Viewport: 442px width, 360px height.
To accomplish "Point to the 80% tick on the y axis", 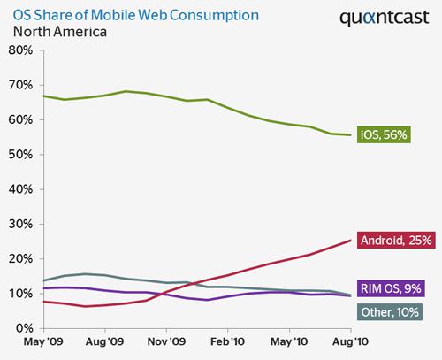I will click(20, 50).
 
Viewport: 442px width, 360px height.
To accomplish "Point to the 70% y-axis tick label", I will click(20, 85).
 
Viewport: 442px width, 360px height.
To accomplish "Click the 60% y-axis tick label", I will click(20, 119).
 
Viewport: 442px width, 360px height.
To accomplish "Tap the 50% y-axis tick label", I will click(20, 155).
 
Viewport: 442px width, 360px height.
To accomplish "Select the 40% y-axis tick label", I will click(20, 189).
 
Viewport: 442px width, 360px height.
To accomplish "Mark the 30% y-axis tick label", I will click(20, 224).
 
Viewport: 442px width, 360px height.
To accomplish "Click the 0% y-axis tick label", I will click(24, 328).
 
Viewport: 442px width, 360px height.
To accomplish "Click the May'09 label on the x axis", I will click(42, 341).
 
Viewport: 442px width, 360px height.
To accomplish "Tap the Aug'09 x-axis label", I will click(104, 341).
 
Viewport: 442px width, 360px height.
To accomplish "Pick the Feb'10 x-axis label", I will click(228, 341).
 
